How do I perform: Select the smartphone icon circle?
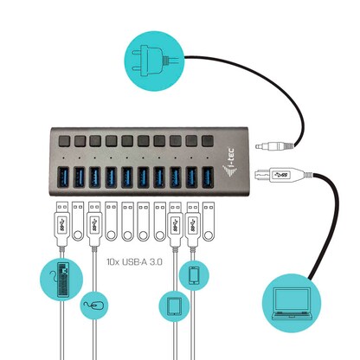point(192,274)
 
